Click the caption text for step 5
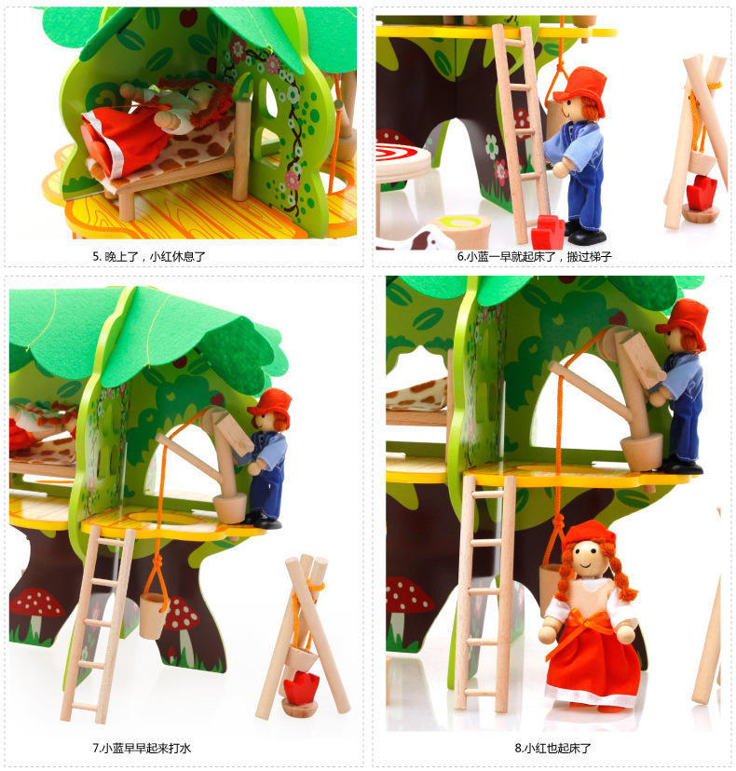pyautogui.click(x=148, y=256)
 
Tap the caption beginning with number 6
pyautogui.click(x=534, y=256)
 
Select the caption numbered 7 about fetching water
pyautogui.click(x=142, y=748)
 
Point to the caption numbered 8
pyautogui.click(x=553, y=748)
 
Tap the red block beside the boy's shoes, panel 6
pyautogui.click(x=548, y=231)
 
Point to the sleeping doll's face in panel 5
pyautogui.click(x=203, y=92)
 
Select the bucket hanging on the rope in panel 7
pyautogui.click(x=153, y=615)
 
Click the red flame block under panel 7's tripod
pyautogui.click(x=300, y=686)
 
